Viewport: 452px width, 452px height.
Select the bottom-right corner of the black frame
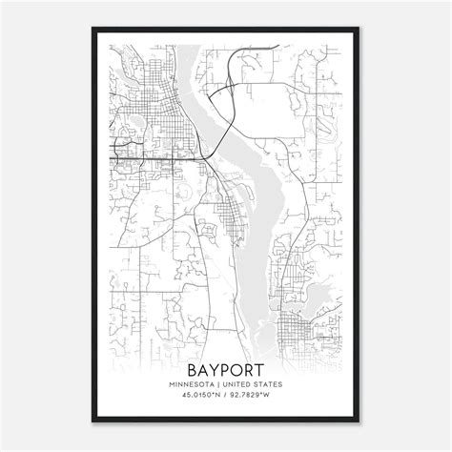(360, 421)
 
